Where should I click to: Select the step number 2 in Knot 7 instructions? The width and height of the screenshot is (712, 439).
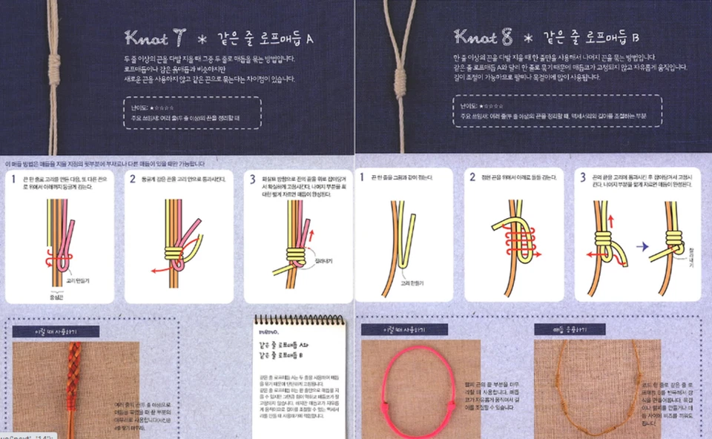pos(133,179)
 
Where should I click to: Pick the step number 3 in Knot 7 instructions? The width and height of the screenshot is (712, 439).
pos(252,179)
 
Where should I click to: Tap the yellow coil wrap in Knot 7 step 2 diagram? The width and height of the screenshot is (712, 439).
pos(179,257)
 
